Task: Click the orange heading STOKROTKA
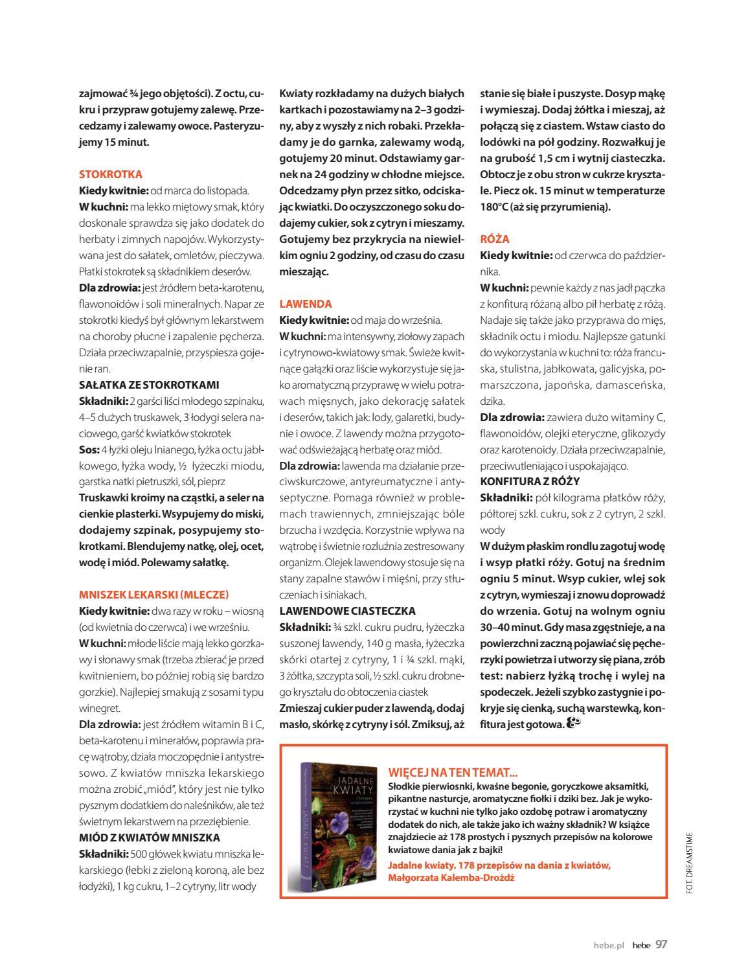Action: coord(111,174)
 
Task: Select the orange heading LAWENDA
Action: coord(306,304)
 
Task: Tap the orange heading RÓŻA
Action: coord(495,239)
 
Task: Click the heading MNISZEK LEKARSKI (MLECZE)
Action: coord(154,595)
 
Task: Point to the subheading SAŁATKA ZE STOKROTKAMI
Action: coord(149,385)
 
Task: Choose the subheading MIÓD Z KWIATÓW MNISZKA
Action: coord(150,838)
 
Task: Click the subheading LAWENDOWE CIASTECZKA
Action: coord(347,611)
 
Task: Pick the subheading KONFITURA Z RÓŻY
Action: coord(530,481)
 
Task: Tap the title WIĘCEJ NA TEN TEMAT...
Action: coord(453,772)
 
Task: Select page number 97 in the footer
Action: coord(661,944)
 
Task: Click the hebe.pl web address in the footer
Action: coord(609,945)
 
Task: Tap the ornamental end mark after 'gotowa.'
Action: coord(574,723)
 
